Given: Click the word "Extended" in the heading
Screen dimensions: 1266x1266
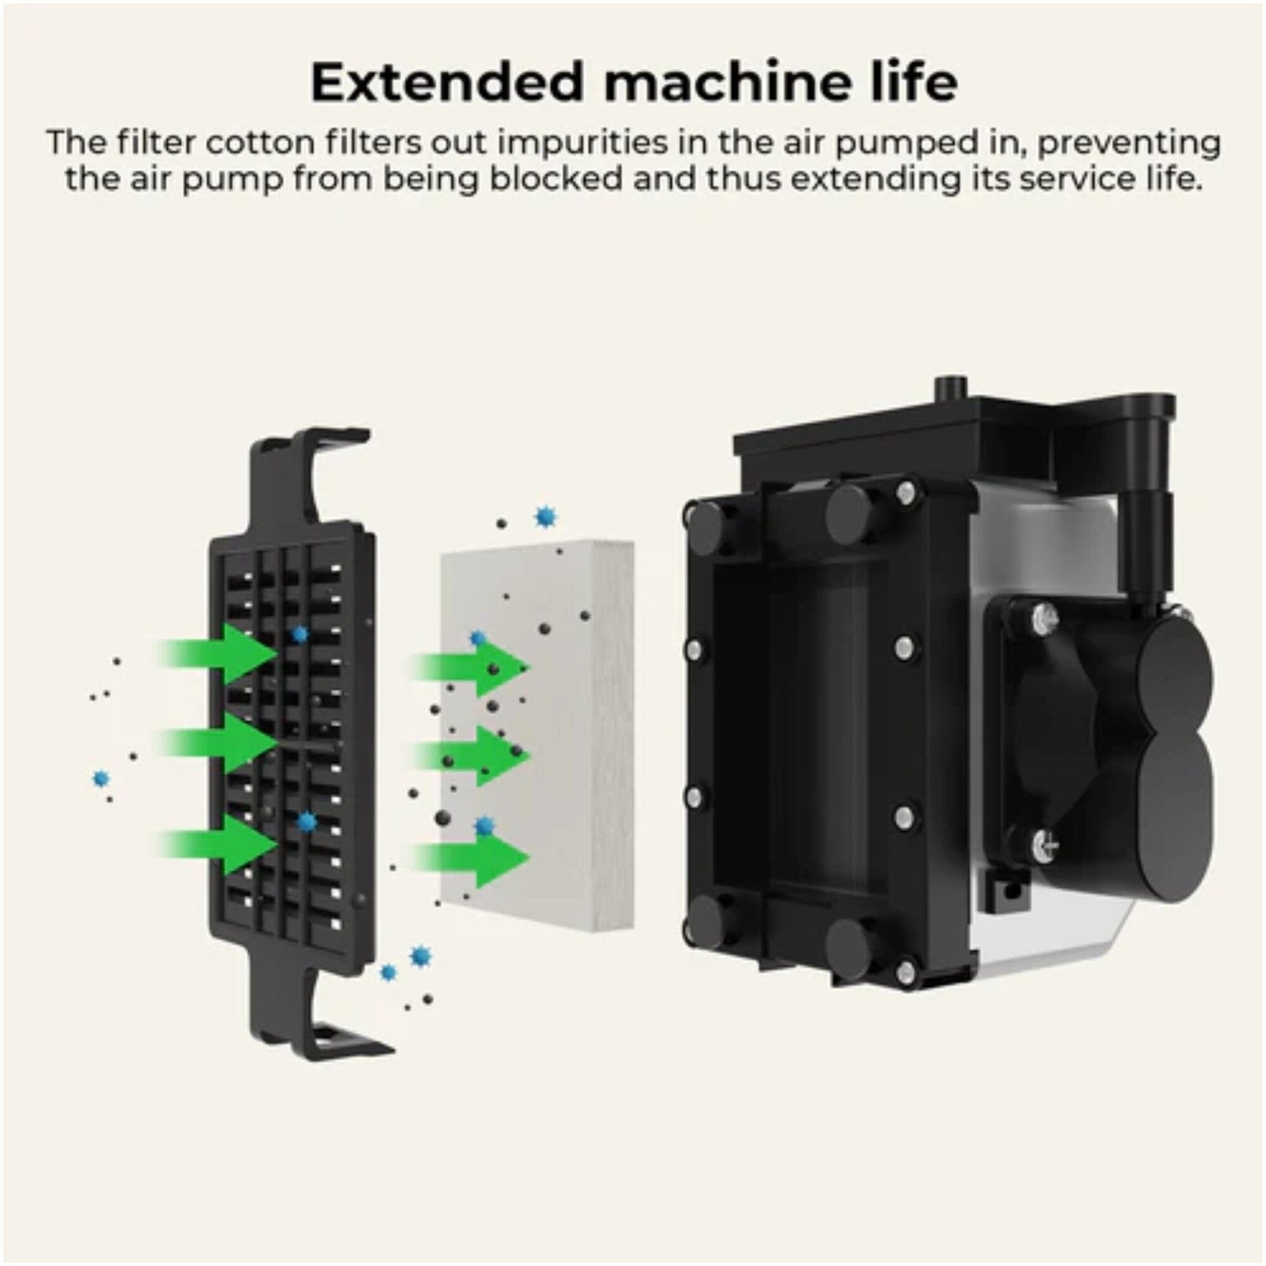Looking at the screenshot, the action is click(447, 82).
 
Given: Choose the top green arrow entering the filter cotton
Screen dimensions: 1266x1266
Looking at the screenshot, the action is click(470, 668).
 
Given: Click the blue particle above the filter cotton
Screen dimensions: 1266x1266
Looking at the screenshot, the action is click(544, 517).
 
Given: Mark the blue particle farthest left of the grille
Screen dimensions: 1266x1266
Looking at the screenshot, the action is click(100, 779).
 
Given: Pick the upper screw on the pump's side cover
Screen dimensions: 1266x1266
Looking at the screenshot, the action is click(1043, 618).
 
